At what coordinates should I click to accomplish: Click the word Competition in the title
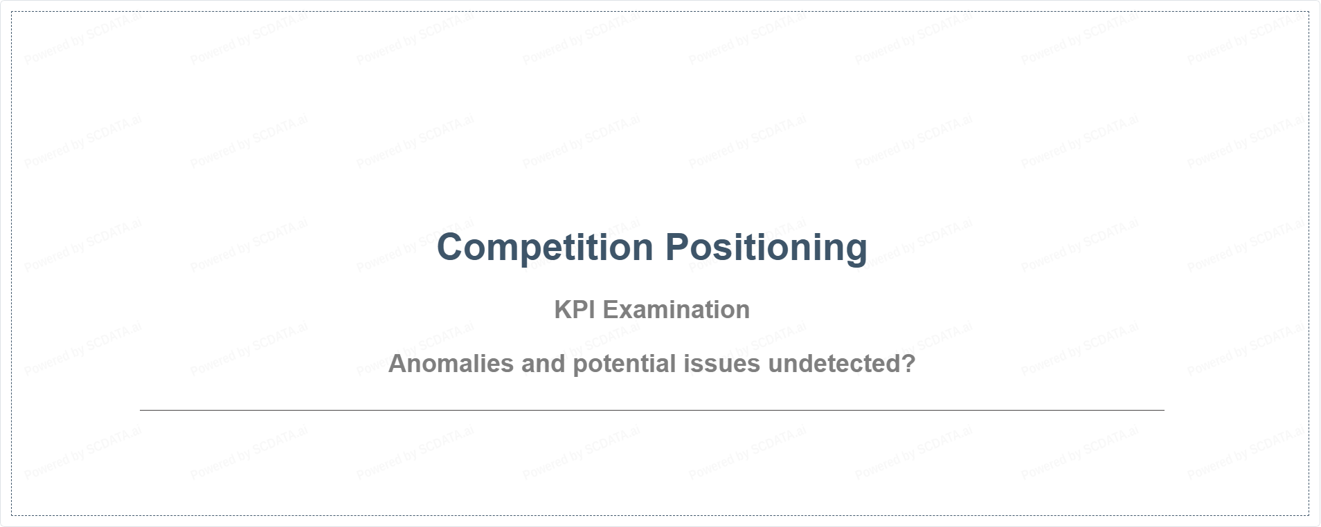[x=545, y=248]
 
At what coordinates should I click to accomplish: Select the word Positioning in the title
[x=766, y=248]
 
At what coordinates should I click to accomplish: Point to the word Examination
[x=676, y=310]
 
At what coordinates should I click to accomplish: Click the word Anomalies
[x=451, y=364]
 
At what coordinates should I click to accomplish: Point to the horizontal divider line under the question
[x=651, y=410]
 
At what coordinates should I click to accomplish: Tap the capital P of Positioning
[x=679, y=248]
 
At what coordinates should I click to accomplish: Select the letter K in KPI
[x=563, y=310]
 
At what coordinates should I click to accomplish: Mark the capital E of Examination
[x=611, y=310]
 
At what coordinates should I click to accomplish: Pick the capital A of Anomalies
[x=398, y=364]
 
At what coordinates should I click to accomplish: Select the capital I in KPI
[x=593, y=310]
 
